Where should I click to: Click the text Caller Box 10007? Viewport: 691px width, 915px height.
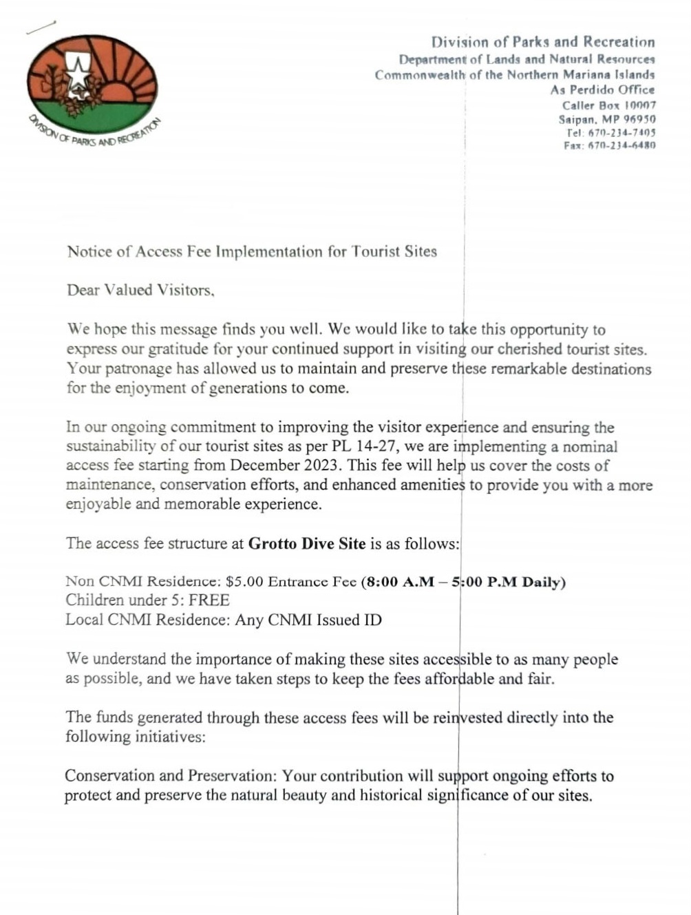(608, 105)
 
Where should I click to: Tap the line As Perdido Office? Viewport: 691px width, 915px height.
(602, 90)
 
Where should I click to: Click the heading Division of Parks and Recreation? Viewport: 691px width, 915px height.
(542, 42)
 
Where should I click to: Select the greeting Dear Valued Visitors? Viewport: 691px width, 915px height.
(140, 290)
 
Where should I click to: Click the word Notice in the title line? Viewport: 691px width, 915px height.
(89, 251)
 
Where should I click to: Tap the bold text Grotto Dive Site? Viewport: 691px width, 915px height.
(307, 543)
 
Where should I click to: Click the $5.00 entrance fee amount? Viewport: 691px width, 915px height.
(244, 582)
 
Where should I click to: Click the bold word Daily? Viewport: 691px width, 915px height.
(543, 582)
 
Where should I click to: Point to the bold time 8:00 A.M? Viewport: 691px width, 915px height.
(400, 582)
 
